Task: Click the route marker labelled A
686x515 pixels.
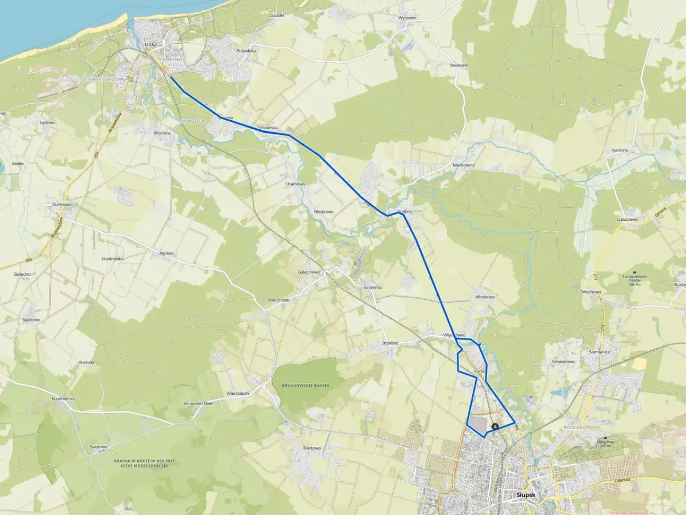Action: click(495, 426)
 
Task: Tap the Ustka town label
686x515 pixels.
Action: click(150, 43)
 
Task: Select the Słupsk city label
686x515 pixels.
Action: click(525, 495)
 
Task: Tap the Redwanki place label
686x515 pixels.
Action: click(459, 65)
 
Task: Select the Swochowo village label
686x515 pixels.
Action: click(591, 292)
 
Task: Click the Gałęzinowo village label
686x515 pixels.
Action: click(309, 272)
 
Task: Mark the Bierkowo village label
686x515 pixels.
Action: click(312, 448)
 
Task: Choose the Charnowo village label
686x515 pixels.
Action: click(295, 184)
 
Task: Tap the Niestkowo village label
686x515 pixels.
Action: click(324, 212)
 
